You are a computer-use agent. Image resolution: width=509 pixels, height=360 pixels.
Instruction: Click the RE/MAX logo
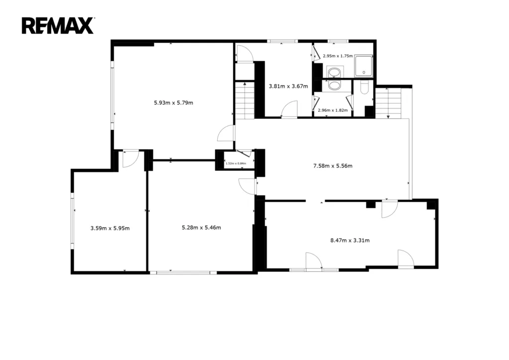coord(58,26)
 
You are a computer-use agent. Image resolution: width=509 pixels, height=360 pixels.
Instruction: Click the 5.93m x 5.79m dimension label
coord(173,103)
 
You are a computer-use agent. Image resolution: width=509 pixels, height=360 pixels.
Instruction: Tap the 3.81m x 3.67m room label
coord(288,87)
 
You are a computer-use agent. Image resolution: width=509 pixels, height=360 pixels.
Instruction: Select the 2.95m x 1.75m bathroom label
coord(338,56)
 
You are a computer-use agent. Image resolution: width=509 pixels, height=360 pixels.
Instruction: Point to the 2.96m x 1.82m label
coord(333,110)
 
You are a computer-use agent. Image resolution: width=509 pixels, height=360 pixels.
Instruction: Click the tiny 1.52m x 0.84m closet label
coord(236,163)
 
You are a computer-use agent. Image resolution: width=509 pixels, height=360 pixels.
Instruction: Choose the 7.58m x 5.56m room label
coord(333,166)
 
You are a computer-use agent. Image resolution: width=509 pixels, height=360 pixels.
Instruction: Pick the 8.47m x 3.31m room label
coord(350,241)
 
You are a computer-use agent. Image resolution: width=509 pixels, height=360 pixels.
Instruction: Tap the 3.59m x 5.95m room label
coord(110,229)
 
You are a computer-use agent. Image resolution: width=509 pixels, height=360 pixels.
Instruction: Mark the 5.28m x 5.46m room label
coord(201,228)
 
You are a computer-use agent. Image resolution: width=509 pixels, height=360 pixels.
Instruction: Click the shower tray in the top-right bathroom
coord(363,66)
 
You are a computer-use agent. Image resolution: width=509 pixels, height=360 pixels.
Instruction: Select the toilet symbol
coord(364,88)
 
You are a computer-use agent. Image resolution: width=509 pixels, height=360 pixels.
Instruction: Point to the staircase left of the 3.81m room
coord(245,100)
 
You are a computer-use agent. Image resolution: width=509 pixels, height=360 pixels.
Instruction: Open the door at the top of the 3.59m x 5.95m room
coord(131,159)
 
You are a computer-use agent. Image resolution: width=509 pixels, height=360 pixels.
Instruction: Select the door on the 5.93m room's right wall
coord(226,133)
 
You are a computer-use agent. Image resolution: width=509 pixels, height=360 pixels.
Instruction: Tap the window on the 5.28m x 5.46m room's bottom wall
coord(183,272)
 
